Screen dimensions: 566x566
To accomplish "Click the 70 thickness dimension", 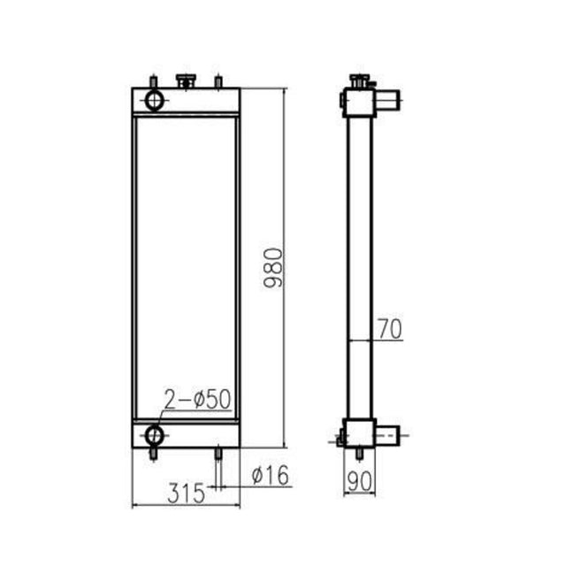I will tap(390, 329).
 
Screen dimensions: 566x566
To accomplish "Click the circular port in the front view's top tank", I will tap(156, 99).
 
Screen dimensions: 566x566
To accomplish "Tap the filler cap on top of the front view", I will tap(186, 81).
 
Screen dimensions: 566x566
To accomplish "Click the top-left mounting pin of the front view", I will tap(156, 81).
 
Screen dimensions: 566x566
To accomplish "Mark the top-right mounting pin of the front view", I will tap(217, 82).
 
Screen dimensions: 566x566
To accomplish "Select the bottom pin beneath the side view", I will tap(360, 453).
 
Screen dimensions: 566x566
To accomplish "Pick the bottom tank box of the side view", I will tap(359, 432).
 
